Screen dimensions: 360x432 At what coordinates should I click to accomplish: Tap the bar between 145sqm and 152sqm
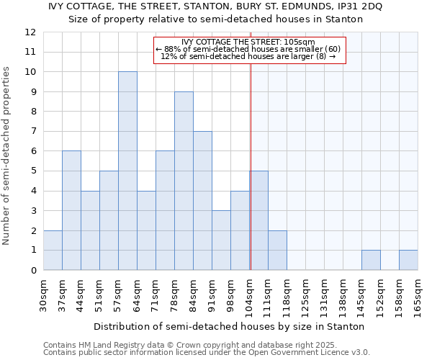pos(371,260)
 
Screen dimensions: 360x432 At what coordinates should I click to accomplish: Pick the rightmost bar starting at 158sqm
pos(408,260)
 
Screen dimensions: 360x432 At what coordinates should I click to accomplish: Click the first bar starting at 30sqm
pos(53,250)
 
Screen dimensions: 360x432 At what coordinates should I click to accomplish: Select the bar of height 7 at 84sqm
pos(202,201)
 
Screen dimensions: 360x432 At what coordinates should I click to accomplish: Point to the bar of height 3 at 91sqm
pos(221,240)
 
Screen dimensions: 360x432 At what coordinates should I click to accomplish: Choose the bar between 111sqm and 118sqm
pos(277,250)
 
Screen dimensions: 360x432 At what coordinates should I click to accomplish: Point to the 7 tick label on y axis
pos(33,132)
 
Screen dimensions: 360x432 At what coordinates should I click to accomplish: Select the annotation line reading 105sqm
pos(248,42)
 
